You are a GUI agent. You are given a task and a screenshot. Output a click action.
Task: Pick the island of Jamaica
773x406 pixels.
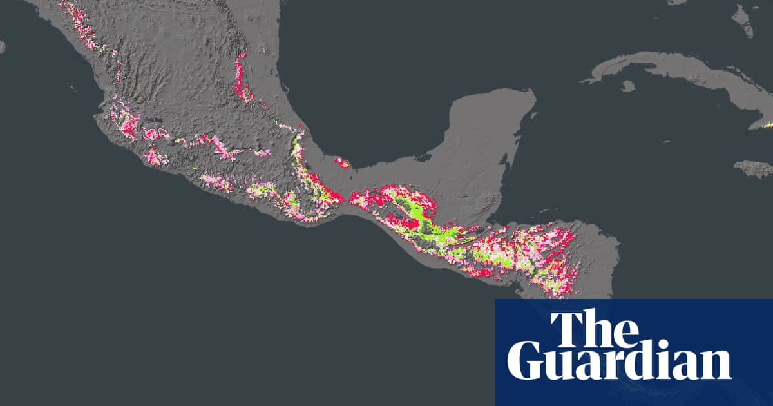(754, 169)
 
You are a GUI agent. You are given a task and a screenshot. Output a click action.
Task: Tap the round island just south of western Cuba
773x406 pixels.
(628, 86)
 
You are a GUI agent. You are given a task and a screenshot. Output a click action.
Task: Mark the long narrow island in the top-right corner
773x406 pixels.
(742, 19)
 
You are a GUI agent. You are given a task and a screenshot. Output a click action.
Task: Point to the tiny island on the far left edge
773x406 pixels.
(2, 46)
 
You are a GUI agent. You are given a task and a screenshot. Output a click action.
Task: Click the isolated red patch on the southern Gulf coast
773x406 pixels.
(342, 162)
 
